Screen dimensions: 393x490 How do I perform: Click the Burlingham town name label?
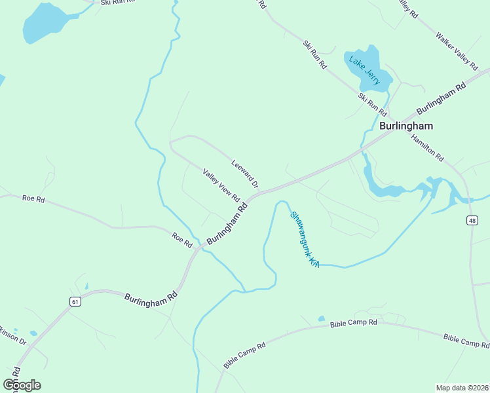coord(406,125)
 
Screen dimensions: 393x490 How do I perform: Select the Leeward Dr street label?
coord(245,174)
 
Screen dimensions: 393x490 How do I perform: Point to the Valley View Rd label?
coord(221,185)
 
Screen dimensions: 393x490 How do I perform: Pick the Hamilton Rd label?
coord(428,148)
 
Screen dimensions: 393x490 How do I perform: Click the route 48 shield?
coord(472,221)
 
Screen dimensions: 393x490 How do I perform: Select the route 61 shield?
coord(75,301)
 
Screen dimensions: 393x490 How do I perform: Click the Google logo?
coord(22,385)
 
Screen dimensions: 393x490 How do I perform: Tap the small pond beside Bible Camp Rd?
coord(321,319)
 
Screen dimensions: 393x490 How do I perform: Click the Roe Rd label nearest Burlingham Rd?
coord(181,239)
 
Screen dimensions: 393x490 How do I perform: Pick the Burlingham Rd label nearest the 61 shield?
coord(151,296)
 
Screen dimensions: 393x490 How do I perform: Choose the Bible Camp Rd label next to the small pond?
coord(354,323)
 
